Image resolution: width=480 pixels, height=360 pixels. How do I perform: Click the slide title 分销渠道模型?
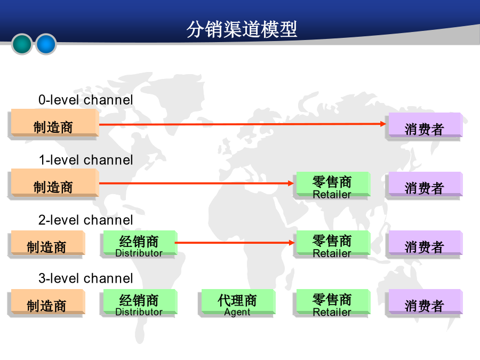click(242, 29)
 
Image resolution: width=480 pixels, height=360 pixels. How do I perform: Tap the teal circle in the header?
click(22, 44)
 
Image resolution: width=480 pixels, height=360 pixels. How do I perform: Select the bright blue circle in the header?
click(46, 44)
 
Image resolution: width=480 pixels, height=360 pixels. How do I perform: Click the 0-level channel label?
click(86, 100)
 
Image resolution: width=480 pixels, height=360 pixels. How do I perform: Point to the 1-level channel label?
click(86, 160)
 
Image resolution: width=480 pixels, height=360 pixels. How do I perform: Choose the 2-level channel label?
click(86, 220)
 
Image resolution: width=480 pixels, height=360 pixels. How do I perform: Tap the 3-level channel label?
click(86, 278)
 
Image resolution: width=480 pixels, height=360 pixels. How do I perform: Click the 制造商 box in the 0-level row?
click(53, 124)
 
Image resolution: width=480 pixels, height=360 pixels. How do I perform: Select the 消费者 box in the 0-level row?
click(424, 126)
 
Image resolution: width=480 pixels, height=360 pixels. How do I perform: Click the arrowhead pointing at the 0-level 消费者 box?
click(383, 124)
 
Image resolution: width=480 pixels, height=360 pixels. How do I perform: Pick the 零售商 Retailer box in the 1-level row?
click(332, 186)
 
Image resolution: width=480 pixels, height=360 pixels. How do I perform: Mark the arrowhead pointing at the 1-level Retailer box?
click(291, 183)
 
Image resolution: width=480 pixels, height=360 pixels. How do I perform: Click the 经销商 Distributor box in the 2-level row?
click(139, 244)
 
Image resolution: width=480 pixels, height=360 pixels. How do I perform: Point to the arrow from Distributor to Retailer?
click(235, 243)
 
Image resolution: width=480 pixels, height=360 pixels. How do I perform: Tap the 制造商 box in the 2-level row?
click(46, 244)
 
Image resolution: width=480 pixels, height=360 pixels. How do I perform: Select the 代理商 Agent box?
click(237, 303)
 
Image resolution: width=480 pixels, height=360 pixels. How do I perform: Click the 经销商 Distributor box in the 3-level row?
click(139, 303)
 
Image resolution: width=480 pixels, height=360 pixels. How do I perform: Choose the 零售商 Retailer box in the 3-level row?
click(332, 303)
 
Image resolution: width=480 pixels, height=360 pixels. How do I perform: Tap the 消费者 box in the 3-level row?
click(424, 303)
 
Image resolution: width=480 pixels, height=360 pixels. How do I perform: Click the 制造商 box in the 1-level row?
click(53, 185)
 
